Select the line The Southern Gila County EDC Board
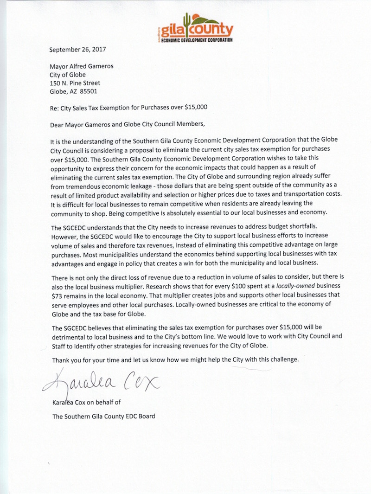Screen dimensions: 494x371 point(104,416)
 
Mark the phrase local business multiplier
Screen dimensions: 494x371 point(100,284)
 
